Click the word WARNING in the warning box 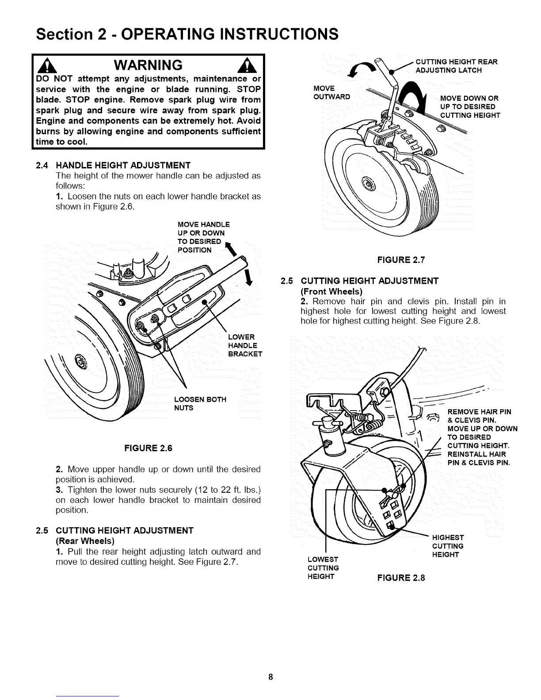[x=148, y=65]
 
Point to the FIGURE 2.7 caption [x=400, y=260]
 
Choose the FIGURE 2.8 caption [x=400, y=578]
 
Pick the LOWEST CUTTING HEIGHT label [x=323, y=568]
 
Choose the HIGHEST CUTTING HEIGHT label [x=448, y=546]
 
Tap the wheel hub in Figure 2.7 [x=368, y=182]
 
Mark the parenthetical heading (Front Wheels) [x=331, y=291]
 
